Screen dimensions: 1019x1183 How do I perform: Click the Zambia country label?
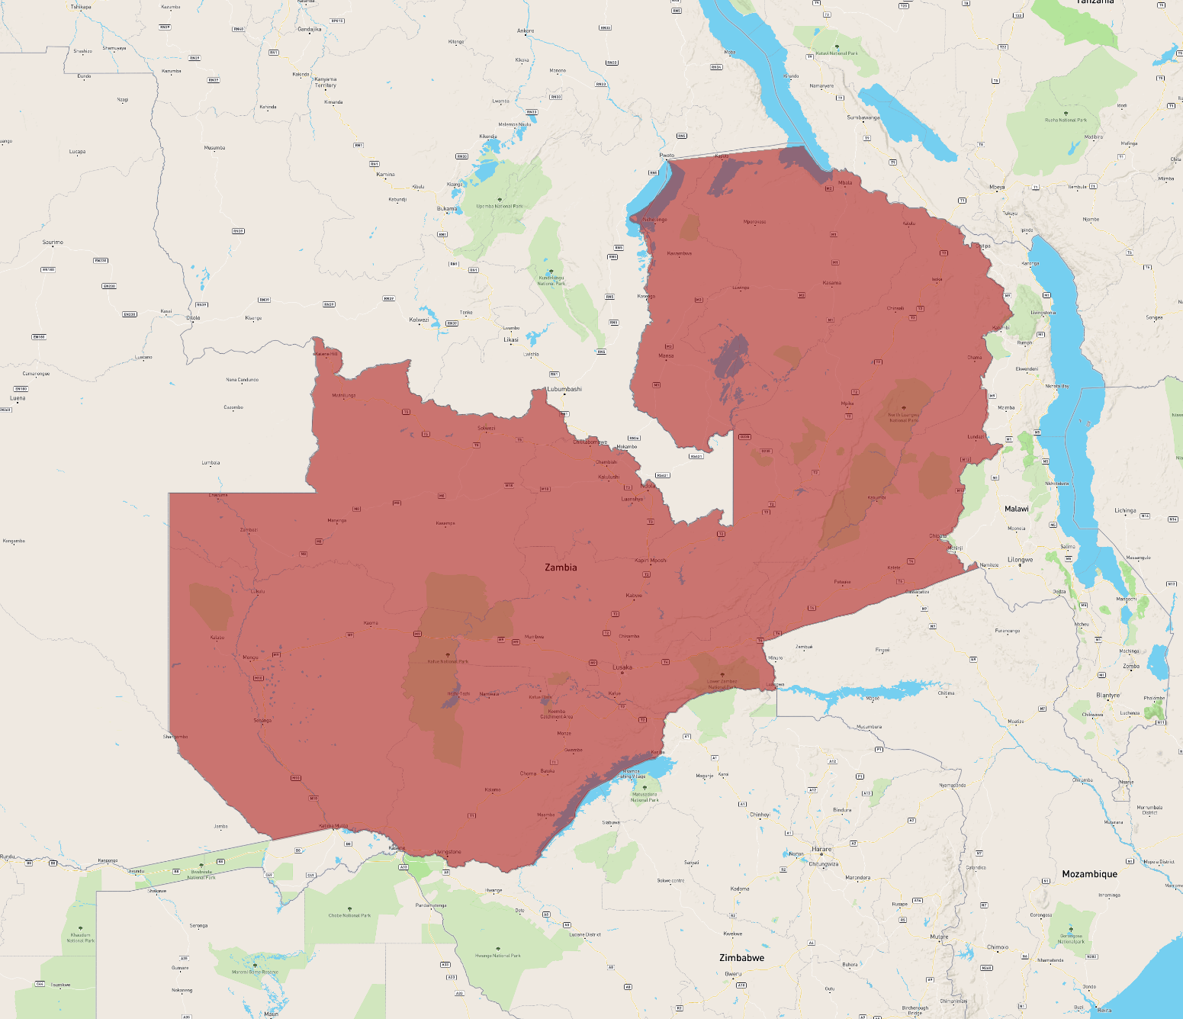pyautogui.click(x=561, y=567)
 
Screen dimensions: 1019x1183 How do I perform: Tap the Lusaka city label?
pyautogui.click(x=622, y=667)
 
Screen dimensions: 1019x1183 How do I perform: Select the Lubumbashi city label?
pyautogui.click(x=564, y=389)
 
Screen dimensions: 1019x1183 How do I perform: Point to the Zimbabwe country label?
pyautogui.click(x=741, y=958)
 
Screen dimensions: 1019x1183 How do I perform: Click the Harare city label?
pyautogui.click(x=821, y=849)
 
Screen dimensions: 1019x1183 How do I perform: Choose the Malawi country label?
pyautogui.click(x=1016, y=509)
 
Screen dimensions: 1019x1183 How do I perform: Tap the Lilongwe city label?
pyautogui.click(x=1020, y=560)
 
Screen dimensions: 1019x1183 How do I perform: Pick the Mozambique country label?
pyautogui.click(x=1089, y=874)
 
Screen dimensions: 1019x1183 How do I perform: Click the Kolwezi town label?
pyautogui.click(x=419, y=320)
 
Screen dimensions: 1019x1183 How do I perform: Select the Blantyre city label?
pyautogui.click(x=1107, y=696)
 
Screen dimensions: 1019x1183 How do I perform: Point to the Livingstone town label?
pyautogui.click(x=448, y=852)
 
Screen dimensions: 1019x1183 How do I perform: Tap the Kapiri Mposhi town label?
pyautogui.click(x=651, y=561)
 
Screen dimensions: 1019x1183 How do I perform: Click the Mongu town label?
pyautogui.click(x=250, y=657)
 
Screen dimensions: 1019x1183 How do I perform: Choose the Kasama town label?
pyautogui.click(x=832, y=283)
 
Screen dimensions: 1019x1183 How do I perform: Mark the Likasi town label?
pyautogui.click(x=511, y=339)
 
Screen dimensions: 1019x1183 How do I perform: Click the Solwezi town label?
pyautogui.click(x=487, y=428)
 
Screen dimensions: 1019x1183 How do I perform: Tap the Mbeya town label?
pyautogui.click(x=997, y=187)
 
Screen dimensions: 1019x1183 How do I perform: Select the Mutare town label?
pyautogui.click(x=939, y=937)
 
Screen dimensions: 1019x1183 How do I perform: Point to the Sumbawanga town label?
pyautogui.click(x=863, y=117)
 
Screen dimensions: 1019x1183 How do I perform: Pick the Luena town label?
pyautogui.click(x=18, y=398)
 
